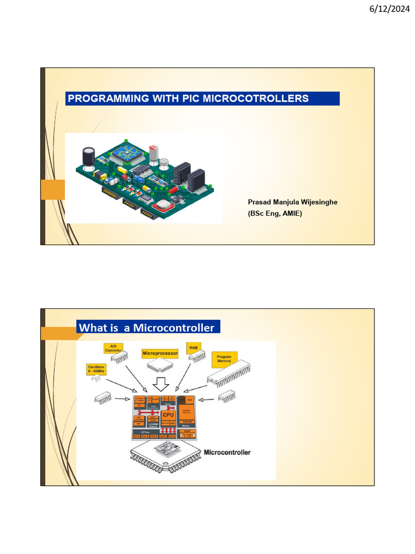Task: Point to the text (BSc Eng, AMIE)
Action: coord(275,213)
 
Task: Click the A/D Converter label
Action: coord(113,348)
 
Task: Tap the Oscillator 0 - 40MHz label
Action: coord(96,370)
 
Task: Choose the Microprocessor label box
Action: coord(160,353)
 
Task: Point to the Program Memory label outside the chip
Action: coord(224,359)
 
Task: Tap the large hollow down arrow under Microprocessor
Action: coord(160,384)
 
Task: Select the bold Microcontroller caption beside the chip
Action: coord(227,452)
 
